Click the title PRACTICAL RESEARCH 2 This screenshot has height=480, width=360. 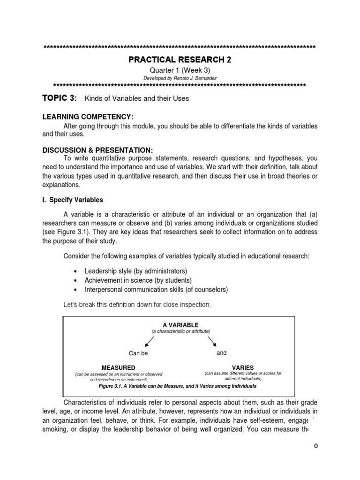180,60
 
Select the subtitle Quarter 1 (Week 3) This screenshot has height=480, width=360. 180,69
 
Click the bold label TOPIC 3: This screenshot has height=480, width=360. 59,98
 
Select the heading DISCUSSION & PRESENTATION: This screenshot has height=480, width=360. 97,150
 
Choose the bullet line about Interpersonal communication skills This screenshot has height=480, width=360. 156,290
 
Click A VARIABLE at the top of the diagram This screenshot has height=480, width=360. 180,325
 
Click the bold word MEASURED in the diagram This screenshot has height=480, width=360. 118,367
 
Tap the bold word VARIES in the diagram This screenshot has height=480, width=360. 243,367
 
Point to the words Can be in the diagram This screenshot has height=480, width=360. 138,353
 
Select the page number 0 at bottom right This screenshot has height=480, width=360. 316,446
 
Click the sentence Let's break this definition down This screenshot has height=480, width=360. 137,305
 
